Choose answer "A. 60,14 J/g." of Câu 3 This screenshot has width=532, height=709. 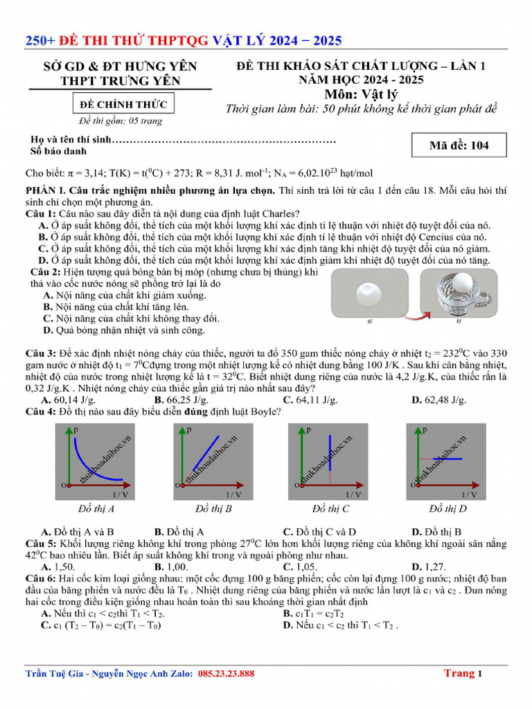point(68,400)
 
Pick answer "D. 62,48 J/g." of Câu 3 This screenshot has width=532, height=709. point(439,400)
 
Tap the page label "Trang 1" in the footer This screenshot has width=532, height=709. point(463,673)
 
